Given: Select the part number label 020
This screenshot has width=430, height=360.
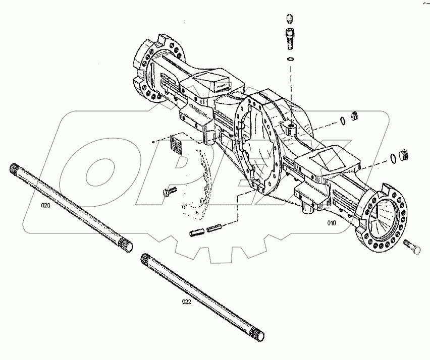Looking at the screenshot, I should (45, 205).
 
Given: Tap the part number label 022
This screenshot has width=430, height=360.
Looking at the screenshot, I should (187, 302).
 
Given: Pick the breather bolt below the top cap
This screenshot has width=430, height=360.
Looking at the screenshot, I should (291, 38).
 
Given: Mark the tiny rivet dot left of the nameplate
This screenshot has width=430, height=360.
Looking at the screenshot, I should (153, 143).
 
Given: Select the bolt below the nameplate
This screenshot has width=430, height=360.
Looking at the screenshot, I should (169, 192).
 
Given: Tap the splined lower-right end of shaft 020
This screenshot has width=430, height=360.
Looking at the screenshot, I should (126, 246).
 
